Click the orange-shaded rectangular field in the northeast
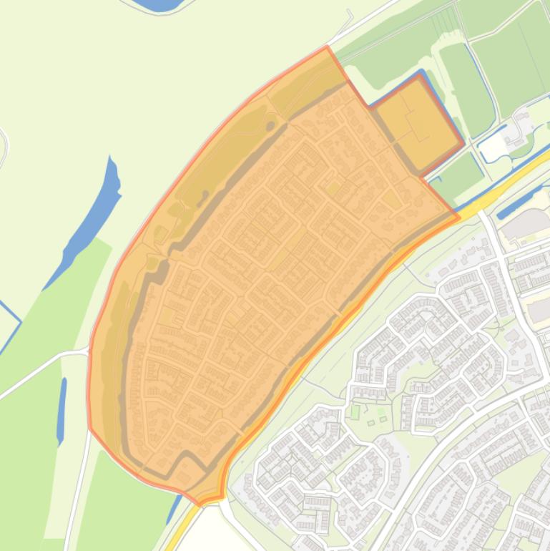coord(415,122)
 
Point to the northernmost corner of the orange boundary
coord(328,47)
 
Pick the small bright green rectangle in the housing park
coord(355,412)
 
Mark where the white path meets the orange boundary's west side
coord(89,352)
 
